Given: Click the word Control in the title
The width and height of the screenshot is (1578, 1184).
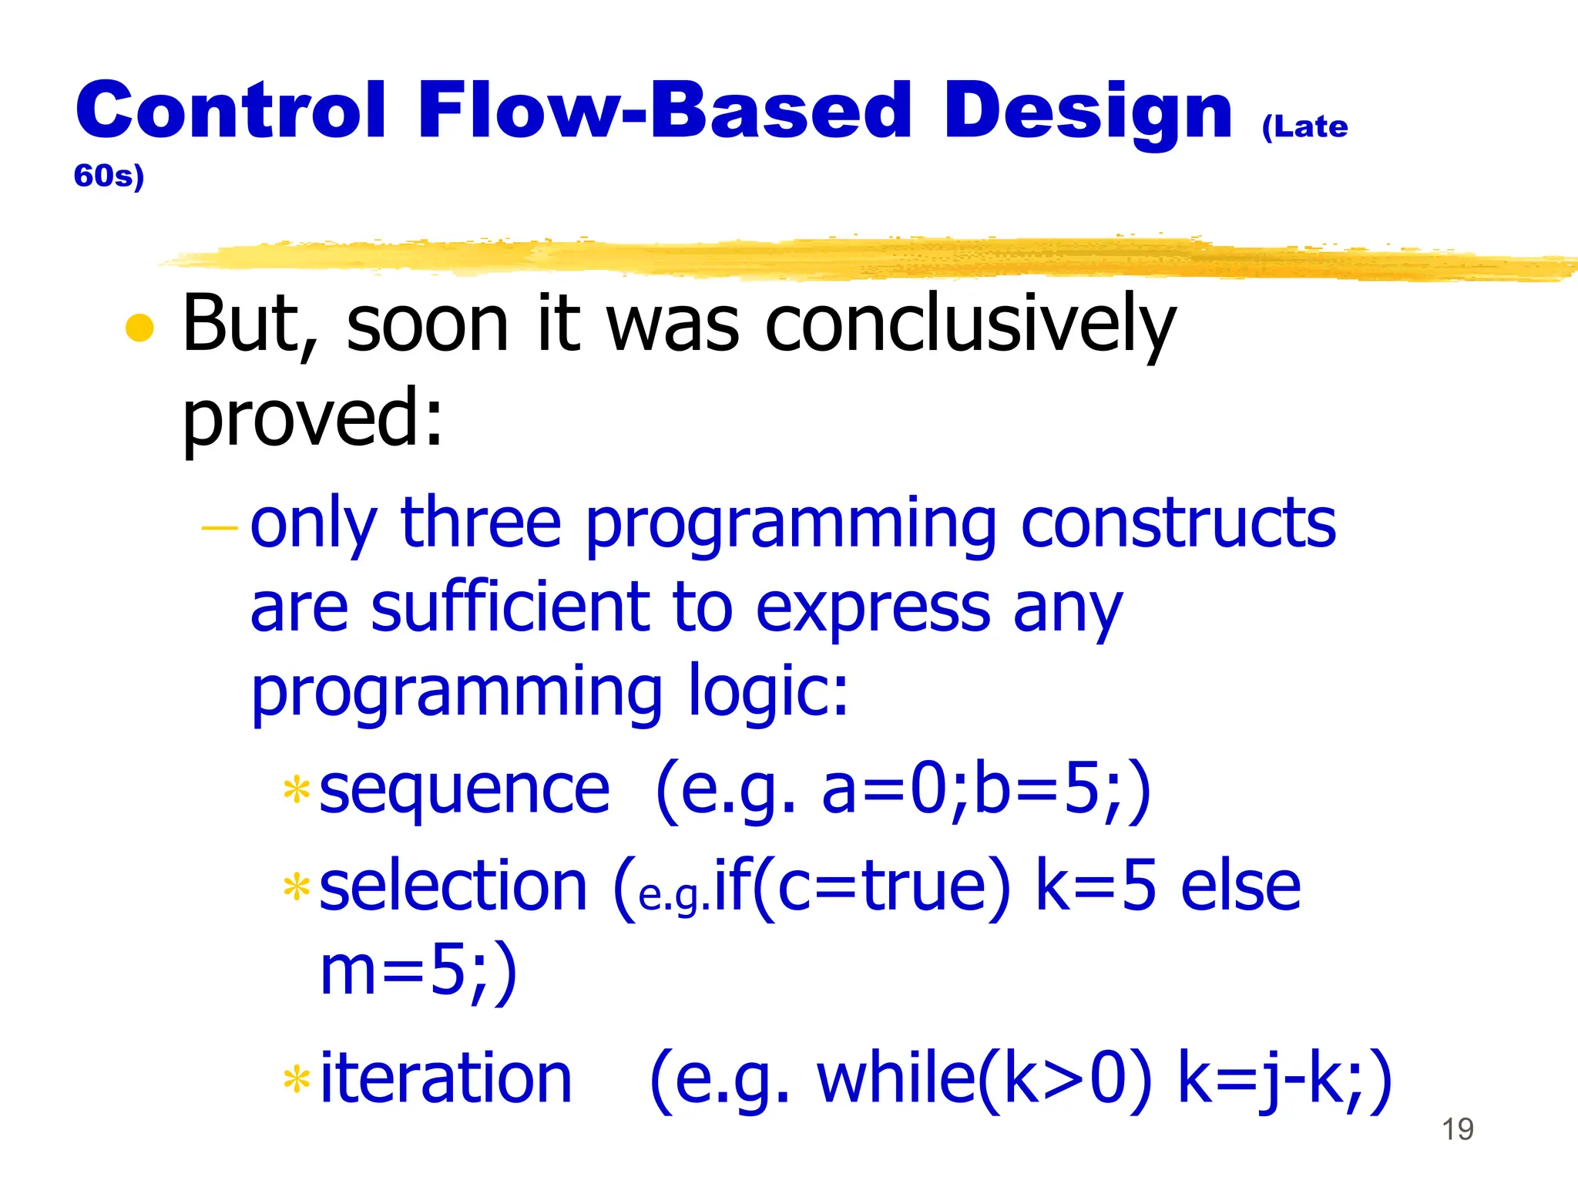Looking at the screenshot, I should coord(230,111).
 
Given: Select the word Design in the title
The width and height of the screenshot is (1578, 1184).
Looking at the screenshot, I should coord(1088,113).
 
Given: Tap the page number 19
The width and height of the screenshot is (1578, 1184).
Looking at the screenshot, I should coord(1457,1129).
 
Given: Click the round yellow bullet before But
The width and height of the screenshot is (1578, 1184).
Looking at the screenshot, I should coord(139,328).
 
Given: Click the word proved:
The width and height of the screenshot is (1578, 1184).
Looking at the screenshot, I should coord(313,418).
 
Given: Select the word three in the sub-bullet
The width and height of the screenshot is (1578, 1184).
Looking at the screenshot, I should coord(481,523).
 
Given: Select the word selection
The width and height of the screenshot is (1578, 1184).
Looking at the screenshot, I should coord(453,886).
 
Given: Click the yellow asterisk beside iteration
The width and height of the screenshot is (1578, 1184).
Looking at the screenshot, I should coord(297,1080).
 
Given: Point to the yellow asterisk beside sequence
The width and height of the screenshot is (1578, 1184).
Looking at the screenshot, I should coord(297,791).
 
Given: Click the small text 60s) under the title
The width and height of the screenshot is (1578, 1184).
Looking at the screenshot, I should coord(109,177).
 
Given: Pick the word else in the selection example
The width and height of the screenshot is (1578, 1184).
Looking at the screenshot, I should coord(1241,886).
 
